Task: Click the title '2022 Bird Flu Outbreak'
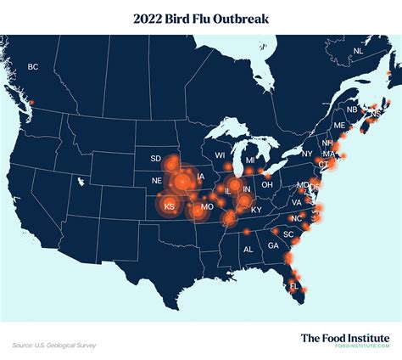point(200,17)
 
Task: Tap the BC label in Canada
point(33,67)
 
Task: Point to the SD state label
point(155,159)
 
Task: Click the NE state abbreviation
point(157,181)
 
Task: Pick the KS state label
point(169,206)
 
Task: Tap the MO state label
point(206,207)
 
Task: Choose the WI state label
point(220,156)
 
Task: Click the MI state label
point(250,160)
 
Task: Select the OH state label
point(266,184)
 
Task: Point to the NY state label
point(306,155)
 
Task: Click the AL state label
point(248,250)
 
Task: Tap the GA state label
point(272,245)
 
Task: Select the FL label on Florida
point(294,286)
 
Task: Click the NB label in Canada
point(351,110)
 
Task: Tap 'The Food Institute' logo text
point(344,337)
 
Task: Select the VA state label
point(297,203)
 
